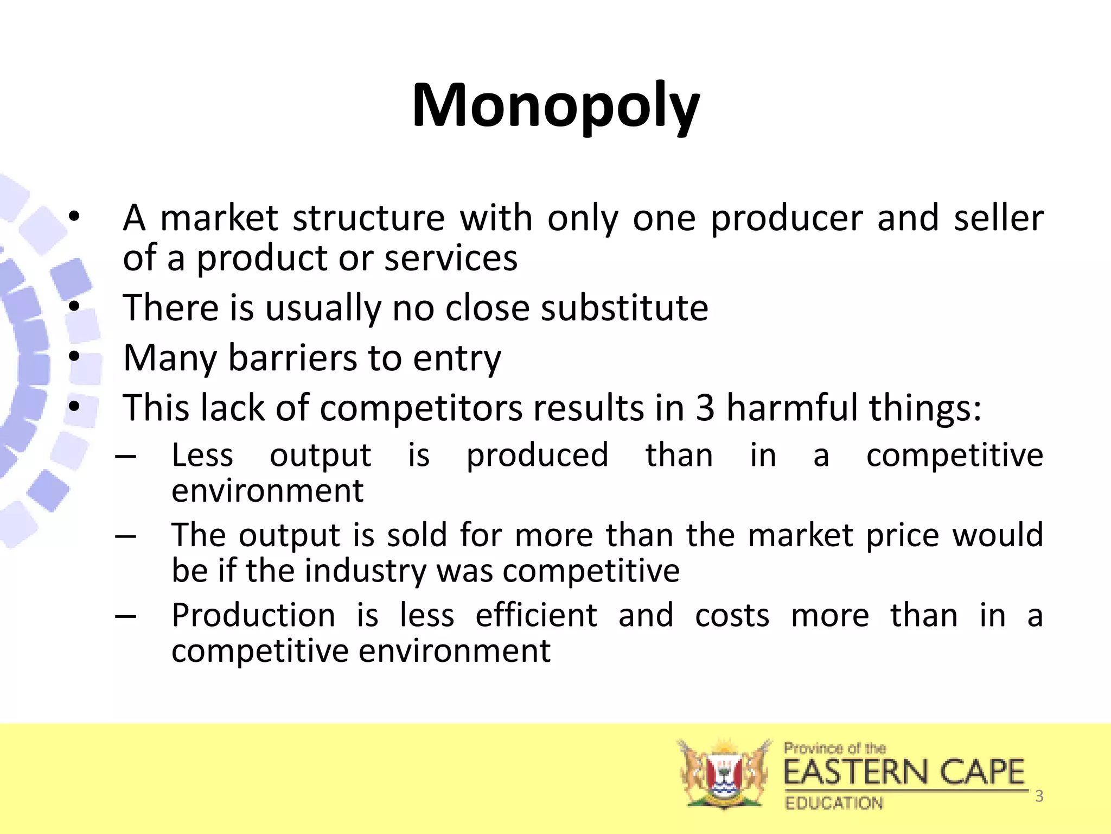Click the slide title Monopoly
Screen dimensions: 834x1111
(x=555, y=106)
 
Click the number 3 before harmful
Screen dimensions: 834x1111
(x=705, y=408)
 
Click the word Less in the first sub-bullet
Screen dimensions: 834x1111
(x=202, y=455)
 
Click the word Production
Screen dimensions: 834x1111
(x=253, y=616)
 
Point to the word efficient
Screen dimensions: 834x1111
(x=536, y=616)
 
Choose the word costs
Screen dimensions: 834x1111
(x=732, y=616)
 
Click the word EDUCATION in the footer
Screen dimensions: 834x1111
(x=834, y=803)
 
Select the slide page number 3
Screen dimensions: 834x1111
(x=1039, y=796)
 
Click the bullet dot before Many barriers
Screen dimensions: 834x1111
(x=74, y=357)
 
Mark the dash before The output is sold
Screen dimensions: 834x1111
(x=125, y=536)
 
